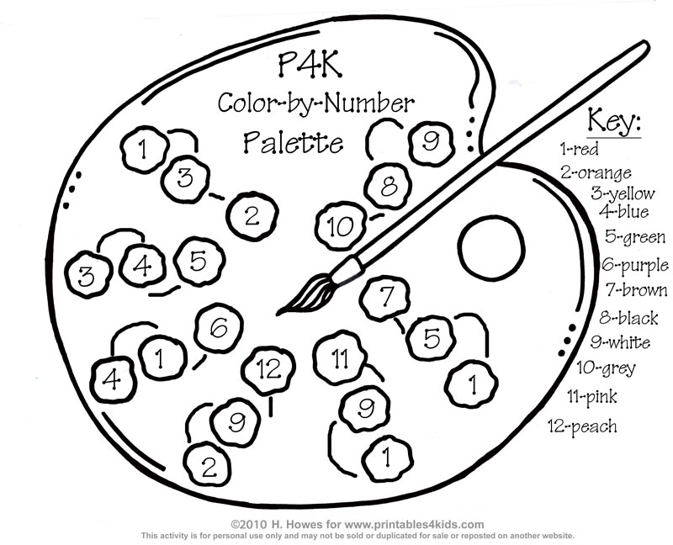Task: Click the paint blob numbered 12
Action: tap(268, 368)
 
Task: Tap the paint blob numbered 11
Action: tap(338, 359)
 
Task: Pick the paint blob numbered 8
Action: tap(388, 187)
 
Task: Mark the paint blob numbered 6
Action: tap(219, 328)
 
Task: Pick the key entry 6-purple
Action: tap(635, 266)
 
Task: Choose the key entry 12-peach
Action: tap(582, 426)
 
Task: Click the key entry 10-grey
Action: tap(606, 368)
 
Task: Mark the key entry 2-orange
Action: tap(596, 173)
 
